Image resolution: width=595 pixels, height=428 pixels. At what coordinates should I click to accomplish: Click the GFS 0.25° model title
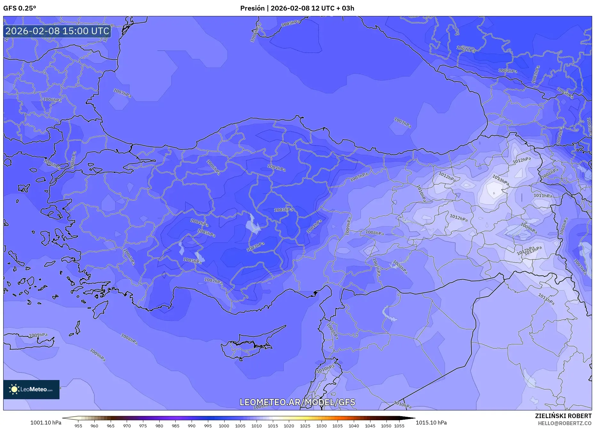[x=20, y=8]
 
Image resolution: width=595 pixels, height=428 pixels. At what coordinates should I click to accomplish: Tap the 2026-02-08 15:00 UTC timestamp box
[x=57, y=31]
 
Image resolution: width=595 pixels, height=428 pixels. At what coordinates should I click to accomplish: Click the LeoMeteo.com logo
[x=31, y=389]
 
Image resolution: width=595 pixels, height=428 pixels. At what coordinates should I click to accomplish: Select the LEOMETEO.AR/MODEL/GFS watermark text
[x=297, y=402]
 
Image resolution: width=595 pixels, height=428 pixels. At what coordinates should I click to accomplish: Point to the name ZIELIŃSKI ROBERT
[x=563, y=416]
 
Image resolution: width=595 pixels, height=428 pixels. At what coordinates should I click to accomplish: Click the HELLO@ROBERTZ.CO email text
[x=564, y=423]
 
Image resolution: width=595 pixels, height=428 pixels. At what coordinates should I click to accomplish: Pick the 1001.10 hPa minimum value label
[x=46, y=423]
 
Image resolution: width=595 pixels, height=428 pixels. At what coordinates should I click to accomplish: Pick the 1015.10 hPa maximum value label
[x=431, y=423]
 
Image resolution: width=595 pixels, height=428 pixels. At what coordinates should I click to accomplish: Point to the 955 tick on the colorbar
[x=78, y=426]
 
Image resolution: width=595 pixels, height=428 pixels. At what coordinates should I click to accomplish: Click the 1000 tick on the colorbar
[x=224, y=426]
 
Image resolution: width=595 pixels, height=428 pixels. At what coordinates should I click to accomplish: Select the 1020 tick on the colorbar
[x=289, y=426]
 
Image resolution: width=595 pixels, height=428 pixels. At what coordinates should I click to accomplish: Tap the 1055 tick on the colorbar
[x=399, y=426]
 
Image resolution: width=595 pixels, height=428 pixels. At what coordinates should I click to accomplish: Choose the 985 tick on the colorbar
[x=175, y=426]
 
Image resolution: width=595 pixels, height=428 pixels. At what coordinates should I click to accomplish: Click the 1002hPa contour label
[x=465, y=49]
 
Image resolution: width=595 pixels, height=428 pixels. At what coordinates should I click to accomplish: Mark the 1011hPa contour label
[x=543, y=195]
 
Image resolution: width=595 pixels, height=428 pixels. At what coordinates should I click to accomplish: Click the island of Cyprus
[x=248, y=344]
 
